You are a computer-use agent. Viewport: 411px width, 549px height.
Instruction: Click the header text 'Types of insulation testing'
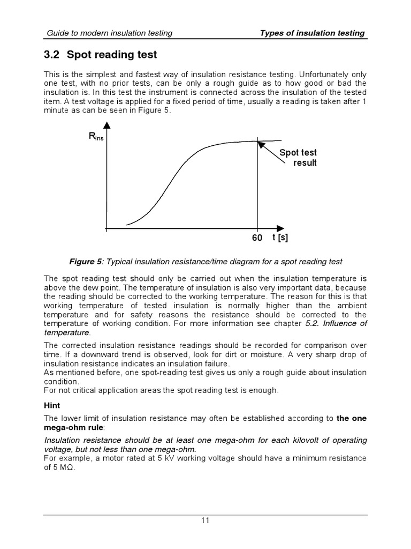[x=312, y=33]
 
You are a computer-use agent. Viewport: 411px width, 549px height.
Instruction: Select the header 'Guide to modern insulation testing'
[x=109, y=33]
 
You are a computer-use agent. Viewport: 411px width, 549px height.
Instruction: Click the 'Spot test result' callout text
[x=298, y=158]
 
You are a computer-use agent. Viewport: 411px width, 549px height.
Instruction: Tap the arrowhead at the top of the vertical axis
[x=108, y=125]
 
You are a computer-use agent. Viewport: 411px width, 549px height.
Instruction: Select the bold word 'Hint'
[x=52, y=406]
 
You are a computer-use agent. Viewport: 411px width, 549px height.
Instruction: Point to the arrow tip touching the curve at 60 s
[x=259, y=143]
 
